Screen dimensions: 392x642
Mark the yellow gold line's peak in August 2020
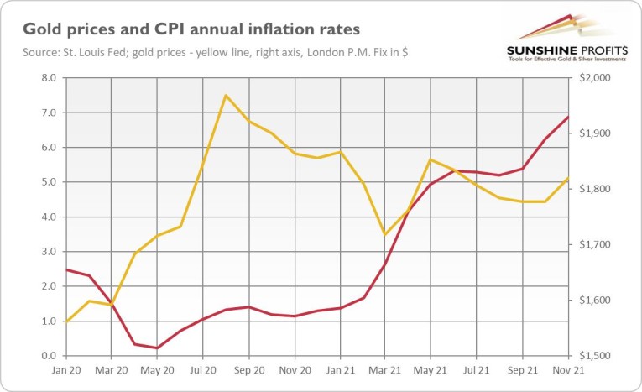225,96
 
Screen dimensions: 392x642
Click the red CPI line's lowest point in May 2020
157,348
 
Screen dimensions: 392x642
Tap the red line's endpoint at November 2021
569,117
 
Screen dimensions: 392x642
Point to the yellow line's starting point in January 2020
65,321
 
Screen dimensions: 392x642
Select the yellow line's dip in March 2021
384,234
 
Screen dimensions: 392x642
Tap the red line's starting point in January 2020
65,269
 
